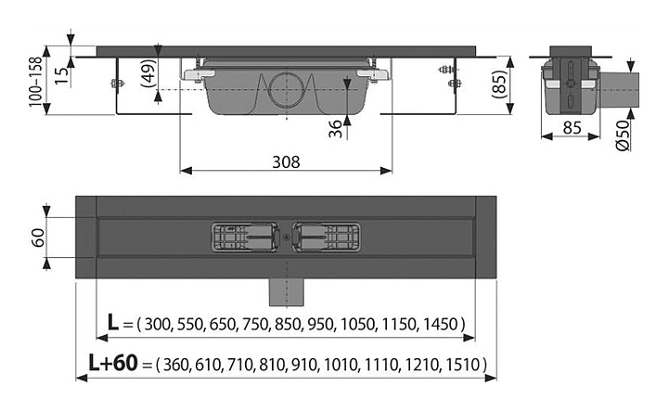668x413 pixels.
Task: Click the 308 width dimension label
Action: tap(286, 162)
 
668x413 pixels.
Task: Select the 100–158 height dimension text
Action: tap(36, 82)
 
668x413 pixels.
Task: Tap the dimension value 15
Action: tap(62, 75)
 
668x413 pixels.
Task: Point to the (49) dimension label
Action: tap(148, 72)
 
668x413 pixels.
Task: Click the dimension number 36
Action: tap(336, 129)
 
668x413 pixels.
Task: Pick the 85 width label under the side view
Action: tap(572, 127)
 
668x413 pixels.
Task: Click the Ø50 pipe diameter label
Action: tap(623, 136)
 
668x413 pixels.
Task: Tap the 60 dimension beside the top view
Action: tap(38, 238)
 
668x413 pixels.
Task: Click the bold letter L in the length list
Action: tap(113, 323)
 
